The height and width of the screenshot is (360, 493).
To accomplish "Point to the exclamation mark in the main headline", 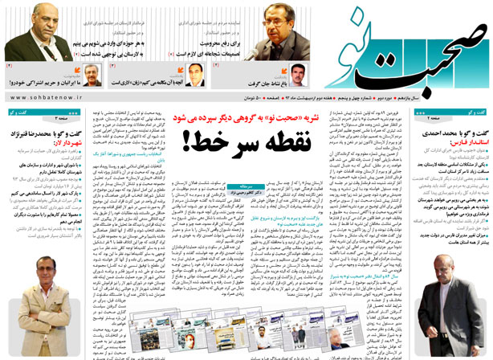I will point(191,142).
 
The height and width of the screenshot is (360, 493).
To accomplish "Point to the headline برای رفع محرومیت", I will point(237,36).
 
